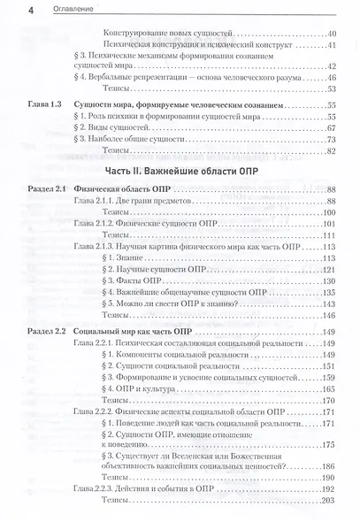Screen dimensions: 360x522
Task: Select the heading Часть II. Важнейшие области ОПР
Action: pyautogui.click(x=181, y=170)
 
